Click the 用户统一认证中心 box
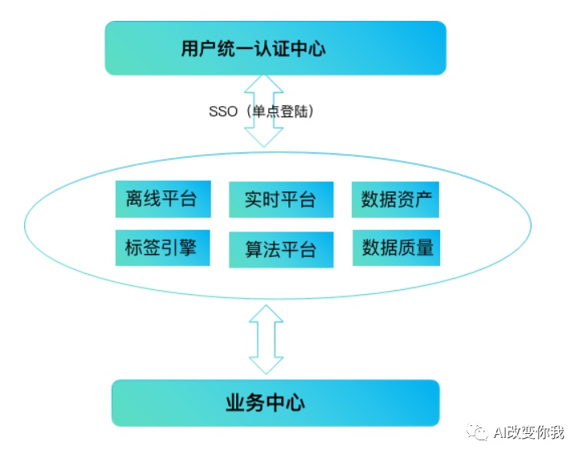click(x=275, y=48)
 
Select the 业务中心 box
click(x=275, y=403)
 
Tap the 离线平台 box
click(x=162, y=199)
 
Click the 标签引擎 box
click(x=162, y=247)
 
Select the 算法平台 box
click(x=281, y=249)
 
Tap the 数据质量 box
click(x=397, y=247)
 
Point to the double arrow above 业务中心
click(x=264, y=337)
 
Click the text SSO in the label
click(x=223, y=112)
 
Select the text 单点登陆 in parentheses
click(x=282, y=112)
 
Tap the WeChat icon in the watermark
click(x=479, y=432)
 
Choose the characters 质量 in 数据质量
click(x=415, y=247)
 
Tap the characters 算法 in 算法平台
click(x=263, y=249)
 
